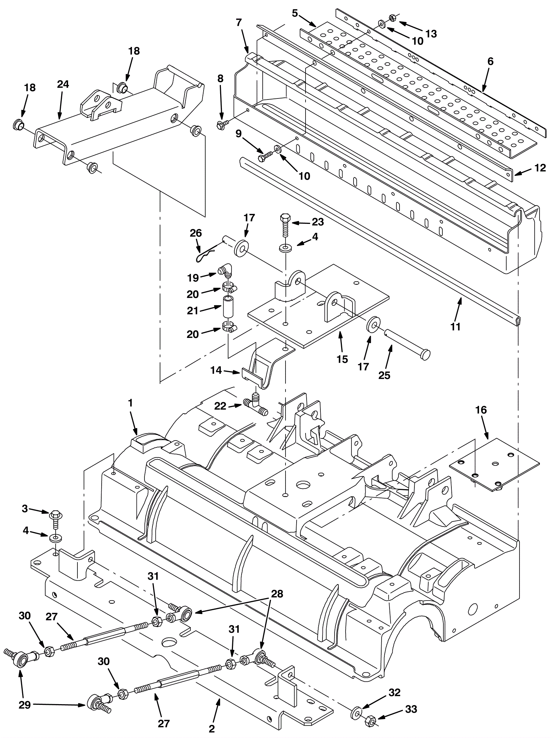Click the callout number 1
[130, 403]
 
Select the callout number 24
[63, 84]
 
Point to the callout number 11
[456, 326]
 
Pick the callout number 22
[220, 406]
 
